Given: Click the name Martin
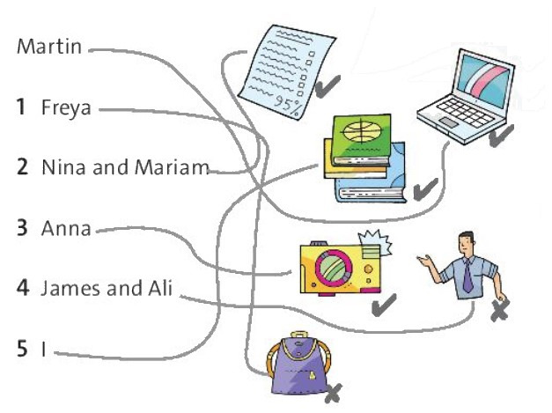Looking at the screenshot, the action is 49,47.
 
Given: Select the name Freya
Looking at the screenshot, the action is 66,107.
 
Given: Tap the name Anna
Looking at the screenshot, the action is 66,228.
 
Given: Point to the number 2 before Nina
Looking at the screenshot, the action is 23,167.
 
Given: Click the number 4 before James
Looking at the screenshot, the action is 23,287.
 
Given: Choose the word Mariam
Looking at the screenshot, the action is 172,167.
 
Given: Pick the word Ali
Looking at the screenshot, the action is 160,288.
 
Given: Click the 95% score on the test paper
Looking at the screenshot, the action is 288,105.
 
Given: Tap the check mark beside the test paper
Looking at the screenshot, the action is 328,86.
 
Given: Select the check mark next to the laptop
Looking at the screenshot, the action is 501,136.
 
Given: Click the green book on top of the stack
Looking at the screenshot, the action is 362,139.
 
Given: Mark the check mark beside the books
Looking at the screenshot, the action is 425,189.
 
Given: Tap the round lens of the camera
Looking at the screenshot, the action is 333,269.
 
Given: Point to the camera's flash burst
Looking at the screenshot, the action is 375,242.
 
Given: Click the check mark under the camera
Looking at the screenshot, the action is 384,304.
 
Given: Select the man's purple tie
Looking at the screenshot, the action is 467,276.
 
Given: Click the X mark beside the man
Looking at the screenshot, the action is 499,311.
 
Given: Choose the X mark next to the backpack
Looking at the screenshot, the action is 333,394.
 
